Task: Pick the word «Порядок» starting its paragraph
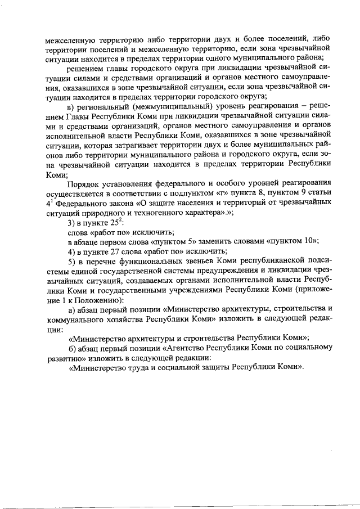[84, 185]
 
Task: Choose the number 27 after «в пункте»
[112, 251]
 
